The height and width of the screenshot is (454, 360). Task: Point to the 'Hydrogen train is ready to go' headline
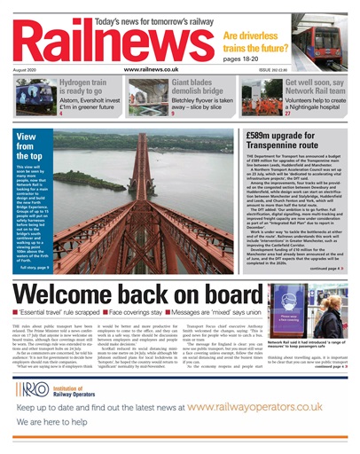tap(90, 88)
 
